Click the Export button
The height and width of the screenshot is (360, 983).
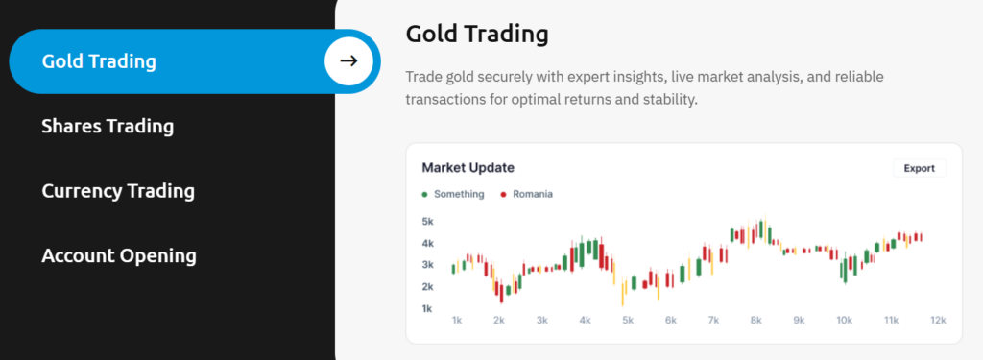click(x=919, y=168)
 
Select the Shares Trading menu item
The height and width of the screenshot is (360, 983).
click(x=108, y=126)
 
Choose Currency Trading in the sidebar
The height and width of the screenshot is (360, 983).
click(x=118, y=191)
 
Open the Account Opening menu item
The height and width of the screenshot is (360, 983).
click(x=119, y=256)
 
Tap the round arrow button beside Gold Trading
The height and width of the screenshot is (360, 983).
click(x=348, y=60)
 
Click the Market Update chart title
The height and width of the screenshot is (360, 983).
click(x=468, y=167)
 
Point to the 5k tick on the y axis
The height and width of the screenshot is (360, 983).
click(x=427, y=222)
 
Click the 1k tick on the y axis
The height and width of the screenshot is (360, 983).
click(x=427, y=308)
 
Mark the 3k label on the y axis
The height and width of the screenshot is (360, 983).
click(x=427, y=265)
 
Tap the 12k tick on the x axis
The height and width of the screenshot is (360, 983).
click(x=938, y=321)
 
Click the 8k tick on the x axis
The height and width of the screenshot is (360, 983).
click(x=756, y=321)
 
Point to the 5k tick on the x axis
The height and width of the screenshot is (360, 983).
click(x=628, y=321)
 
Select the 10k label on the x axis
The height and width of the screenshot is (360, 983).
click(x=845, y=321)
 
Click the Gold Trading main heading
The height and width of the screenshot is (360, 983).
click(x=477, y=34)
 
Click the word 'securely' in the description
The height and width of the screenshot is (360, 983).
click(x=503, y=77)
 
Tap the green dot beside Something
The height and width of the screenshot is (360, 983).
click(x=425, y=195)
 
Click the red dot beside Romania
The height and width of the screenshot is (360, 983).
click(x=503, y=195)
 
